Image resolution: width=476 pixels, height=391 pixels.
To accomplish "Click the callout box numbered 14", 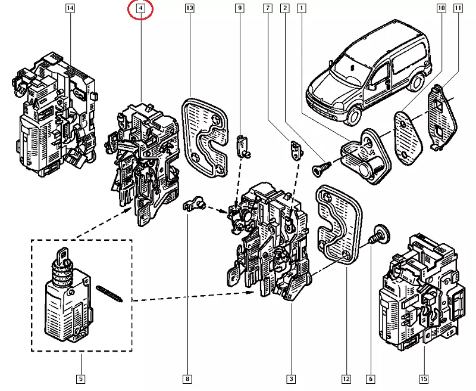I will (70, 8).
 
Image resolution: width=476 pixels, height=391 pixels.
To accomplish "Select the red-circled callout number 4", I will (140, 8).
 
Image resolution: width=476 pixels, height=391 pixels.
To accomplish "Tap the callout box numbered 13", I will (189, 8).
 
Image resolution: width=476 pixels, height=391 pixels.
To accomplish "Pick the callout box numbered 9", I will (239, 8).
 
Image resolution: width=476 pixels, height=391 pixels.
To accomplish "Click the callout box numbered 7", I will (268, 8).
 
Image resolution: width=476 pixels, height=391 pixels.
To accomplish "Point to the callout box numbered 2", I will (285, 8).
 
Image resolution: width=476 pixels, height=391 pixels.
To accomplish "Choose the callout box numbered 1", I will (302, 8).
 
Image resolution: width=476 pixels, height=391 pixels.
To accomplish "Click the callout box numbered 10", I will (441, 8).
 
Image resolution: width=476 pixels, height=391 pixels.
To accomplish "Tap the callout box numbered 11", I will (458, 8).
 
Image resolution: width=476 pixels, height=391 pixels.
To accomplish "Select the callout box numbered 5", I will (80, 378).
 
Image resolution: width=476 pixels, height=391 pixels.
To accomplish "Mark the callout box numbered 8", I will (187, 378).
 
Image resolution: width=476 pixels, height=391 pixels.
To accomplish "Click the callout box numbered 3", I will (291, 378).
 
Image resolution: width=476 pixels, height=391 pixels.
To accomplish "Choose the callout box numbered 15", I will (424, 378).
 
